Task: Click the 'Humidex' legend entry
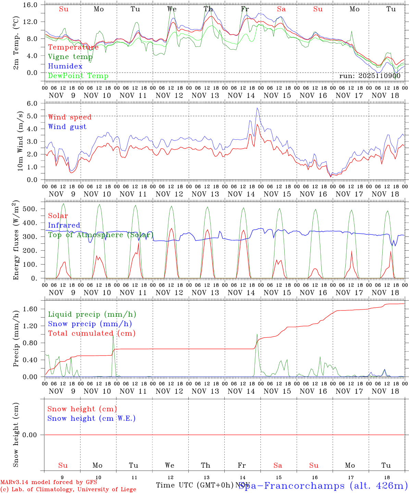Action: click(65, 66)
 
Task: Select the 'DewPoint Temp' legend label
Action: click(78, 76)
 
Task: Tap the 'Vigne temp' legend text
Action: click(70, 56)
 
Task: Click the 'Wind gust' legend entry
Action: click(67, 127)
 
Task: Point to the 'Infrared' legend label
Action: click(64, 225)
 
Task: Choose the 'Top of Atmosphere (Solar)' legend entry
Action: click(101, 235)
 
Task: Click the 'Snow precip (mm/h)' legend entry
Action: click(90, 324)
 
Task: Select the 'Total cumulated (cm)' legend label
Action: click(91, 333)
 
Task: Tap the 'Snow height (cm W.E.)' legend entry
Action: click(91, 418)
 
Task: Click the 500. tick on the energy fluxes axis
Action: click(30, 209)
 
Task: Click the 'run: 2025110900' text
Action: click(370, 76)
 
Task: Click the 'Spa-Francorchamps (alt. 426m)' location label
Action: click(323, 485)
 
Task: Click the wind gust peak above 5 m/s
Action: click(257, 108)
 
